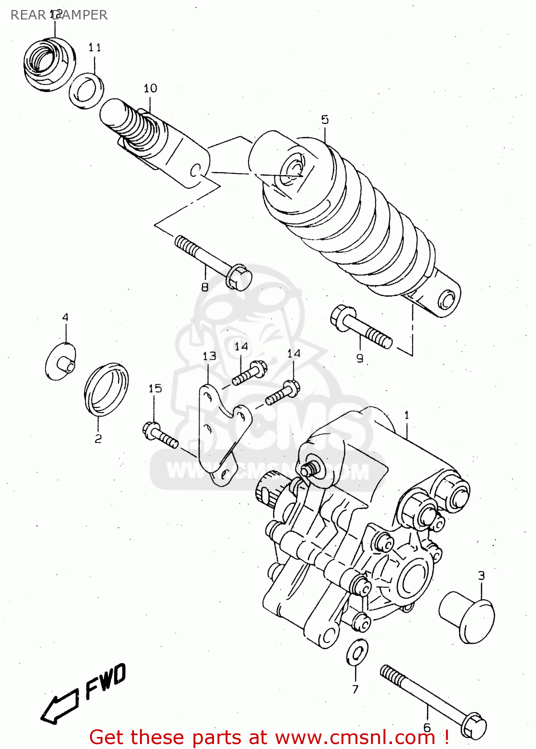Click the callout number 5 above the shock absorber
[325, 119]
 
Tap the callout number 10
[150, 88]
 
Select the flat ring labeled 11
[86, 91]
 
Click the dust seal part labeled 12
[48, 64]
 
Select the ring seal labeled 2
[106, 389]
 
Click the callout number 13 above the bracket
[209, 356]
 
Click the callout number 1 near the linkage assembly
[406, 415]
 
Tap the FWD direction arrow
[59, 706]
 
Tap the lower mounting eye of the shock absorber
[445, 301]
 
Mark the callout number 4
[65, 318]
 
